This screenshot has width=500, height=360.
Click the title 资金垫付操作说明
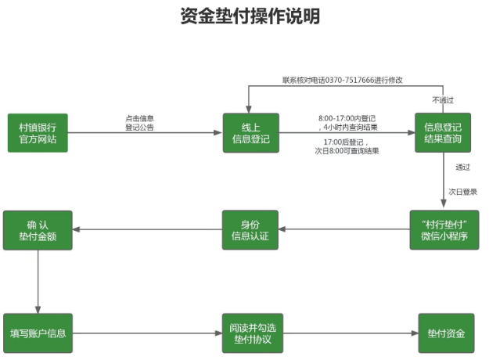250,16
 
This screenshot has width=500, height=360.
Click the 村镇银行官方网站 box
38,133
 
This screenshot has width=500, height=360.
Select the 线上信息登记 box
250,133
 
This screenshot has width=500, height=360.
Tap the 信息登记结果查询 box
443,133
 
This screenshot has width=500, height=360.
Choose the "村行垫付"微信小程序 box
444,230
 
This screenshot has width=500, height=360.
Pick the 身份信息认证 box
250,230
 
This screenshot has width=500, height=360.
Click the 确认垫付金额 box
38,230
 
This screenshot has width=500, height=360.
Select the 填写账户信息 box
38,333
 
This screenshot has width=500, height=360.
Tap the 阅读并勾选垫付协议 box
250,333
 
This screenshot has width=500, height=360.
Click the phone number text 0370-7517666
344,80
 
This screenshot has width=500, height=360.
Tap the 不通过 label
443,100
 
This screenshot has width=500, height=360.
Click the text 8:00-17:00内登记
347,118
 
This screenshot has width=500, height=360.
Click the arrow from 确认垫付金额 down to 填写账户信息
38,282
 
